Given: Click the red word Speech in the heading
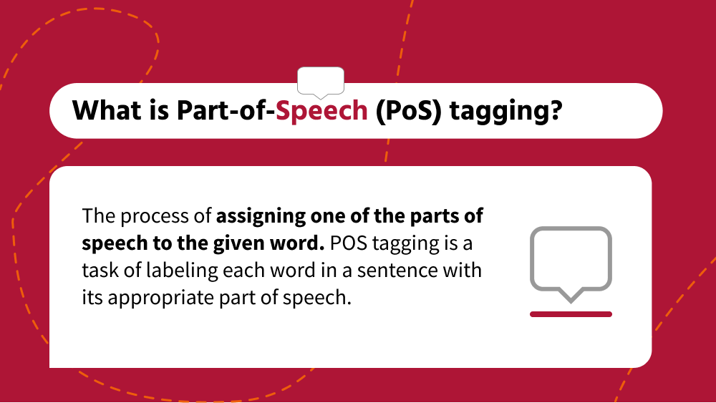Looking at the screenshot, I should (x=322, y=111).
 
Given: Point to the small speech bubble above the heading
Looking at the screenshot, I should (x=320, y=81).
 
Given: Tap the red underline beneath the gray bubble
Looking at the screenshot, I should (x=571, y=314).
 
